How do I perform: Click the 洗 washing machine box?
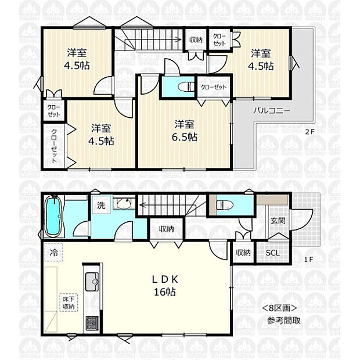coord(101,205)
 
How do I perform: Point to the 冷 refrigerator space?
coord(53,253)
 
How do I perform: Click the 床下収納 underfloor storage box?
coord(69,303)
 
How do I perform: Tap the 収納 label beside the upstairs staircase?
coord(195,40)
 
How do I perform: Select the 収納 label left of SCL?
coord(243,253)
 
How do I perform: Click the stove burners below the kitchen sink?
coord(92,322)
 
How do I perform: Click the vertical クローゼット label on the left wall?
coord(53,145)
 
